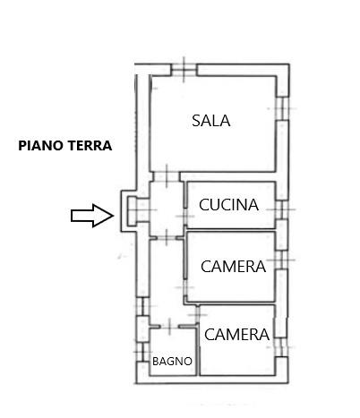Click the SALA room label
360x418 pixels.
click(x=210, y=121)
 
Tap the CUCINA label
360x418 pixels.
click(x=228, y=205)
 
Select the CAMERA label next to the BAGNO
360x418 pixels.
click(x=236, y=334)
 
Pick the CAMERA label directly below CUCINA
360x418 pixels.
click(x=233, y=266)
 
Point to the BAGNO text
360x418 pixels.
click(x=172, y=362)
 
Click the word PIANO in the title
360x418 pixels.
click(x=40, y=146)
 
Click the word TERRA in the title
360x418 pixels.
click(x=90, y=146)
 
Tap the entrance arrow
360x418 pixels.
click(x=92, y=216)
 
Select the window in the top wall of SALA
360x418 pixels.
click(x=184, y=70)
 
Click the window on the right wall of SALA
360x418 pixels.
click(x=282, y=108)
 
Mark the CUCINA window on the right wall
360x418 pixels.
click(x=281, y=209)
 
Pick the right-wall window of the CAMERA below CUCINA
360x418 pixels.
click(x=281, y=260)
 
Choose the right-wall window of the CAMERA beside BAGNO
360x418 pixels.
click(x=281, y=347)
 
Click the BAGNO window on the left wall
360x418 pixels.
click(x=142, y=352)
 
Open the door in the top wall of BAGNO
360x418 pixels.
click(x=169, y=327)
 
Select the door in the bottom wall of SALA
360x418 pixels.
click(x=167, y=176)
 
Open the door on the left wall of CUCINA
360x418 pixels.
click(x=185, y=216)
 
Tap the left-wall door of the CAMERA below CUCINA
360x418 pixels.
click(x=185, y=287)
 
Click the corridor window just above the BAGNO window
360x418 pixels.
click(x=142, y=306)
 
